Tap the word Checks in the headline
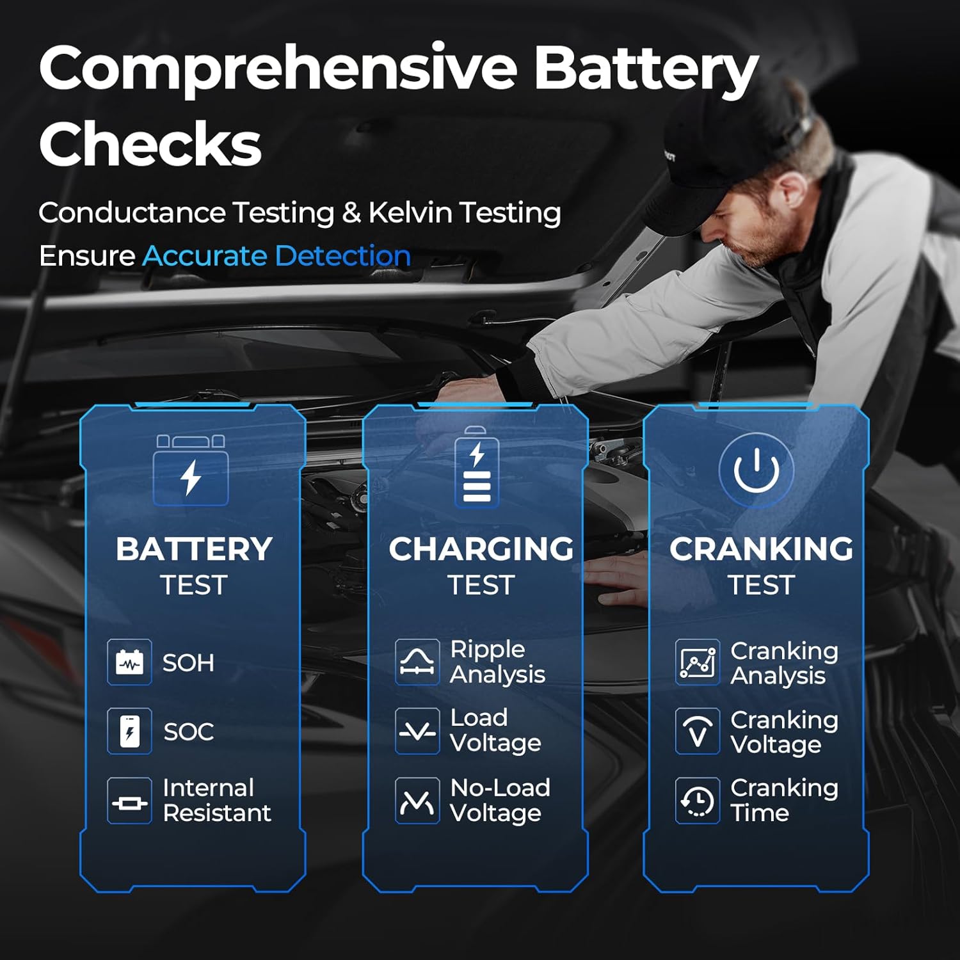coord(150,144)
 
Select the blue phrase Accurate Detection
coord(276,256)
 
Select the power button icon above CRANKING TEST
coord(756,470)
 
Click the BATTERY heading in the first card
coord(194,549)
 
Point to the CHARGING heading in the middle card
coord(481,549)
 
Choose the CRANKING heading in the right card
coord(761,549)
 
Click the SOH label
coord(188,663)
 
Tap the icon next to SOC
coord(129,731)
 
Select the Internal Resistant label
coord(216,800)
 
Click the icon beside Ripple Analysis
coord(417,662)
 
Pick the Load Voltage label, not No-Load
coord(495,730)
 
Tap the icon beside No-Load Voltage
coord(417,800)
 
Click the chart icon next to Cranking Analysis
coord(697,662)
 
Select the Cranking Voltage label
coord(784,732)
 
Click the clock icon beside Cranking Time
coord(697,800)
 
